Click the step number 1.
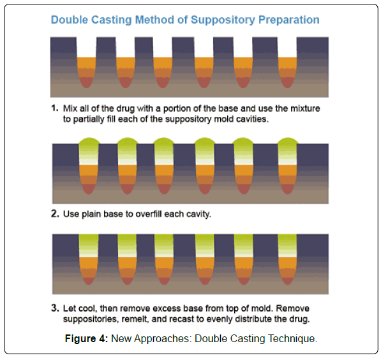click(x=55, y=108)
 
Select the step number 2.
click(x=55, y=213)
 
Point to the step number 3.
click(x=55, y=308)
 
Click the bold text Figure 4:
click(x=86, y=338)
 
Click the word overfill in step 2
click(x=149, y=214)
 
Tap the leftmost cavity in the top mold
click(x=87, y=63)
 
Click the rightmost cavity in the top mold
click(x=287, y=63)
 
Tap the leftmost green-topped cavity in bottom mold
click(x=89, y=259)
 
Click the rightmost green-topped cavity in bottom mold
click(x=287, y=259)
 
